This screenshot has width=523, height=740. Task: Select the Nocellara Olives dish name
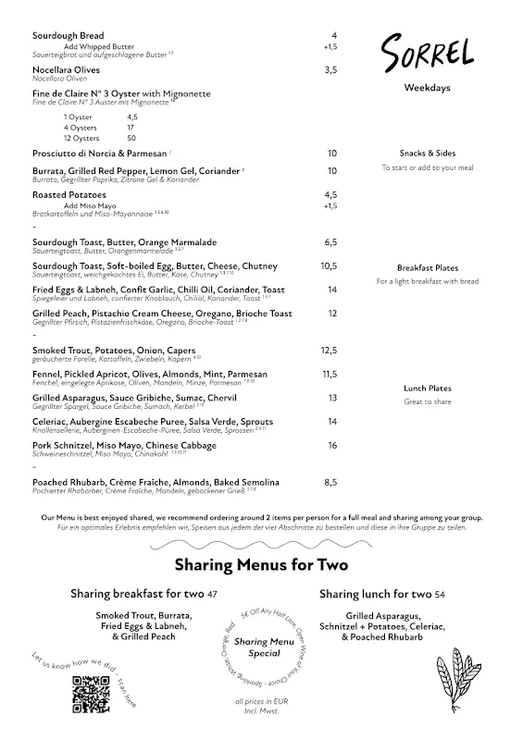pyautogui.click(x=67, y=70)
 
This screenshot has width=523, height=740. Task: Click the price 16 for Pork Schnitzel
pyautogui.click(x=331, y=446)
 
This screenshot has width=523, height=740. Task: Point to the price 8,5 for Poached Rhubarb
pyautogui.click(x=330, y=483)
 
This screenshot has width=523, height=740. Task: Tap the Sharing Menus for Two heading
pyautogui.click(x=261, y=564)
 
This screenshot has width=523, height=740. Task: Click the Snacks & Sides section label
pyautogui.click(x=427, y=154)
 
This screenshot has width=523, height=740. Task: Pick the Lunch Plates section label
pyautogui.click(x=427, y=388)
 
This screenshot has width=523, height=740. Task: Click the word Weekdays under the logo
pyautogui.click(x=427, y=88)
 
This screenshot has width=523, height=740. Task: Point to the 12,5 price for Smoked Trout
pyautogui.click(x=330, y=351)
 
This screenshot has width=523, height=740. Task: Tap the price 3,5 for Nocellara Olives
pyautogui.click(x=330, y=70)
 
